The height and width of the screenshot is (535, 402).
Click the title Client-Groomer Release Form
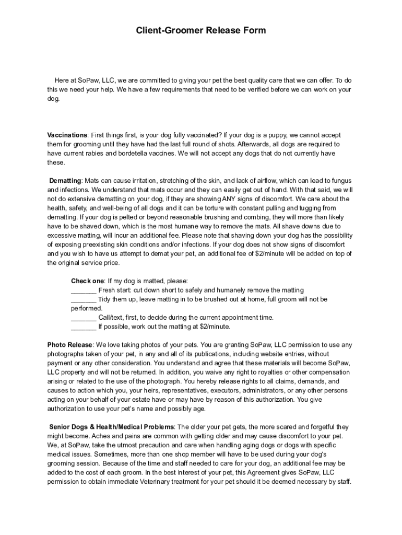click(x=201, y=30)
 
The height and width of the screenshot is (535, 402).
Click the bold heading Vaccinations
click(x=67, y=135)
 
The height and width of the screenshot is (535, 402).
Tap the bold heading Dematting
click(x=65, y=180)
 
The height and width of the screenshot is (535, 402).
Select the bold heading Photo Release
click(x=70, y=345)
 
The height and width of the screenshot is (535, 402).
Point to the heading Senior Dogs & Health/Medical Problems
click(x=112, y=426)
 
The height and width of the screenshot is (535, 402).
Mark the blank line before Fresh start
click(x=84, y=290)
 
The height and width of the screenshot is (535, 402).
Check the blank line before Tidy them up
click(x=84, y=299)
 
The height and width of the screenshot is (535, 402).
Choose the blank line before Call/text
click(x=84, y=318)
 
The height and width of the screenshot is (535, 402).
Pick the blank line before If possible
click(x=84, y=327)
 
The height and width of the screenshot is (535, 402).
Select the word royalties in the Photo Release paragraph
click(x=289, y=372)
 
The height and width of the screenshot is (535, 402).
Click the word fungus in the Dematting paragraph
click(x=339, y=180)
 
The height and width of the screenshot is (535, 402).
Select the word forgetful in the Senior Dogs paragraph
click(x=321, y=426)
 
